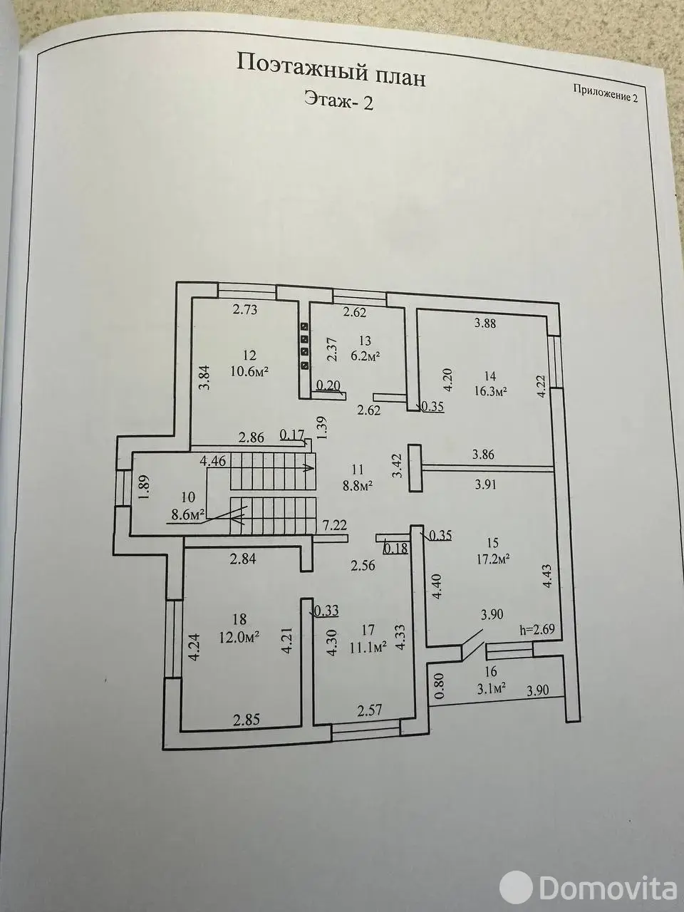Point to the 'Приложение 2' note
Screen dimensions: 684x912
(605, 93)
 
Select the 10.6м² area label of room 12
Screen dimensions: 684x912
(249, 371)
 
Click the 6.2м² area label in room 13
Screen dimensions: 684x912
(366, 356)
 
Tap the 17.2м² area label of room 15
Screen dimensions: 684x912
(492, 559)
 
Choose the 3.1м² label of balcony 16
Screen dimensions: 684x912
(491, 688)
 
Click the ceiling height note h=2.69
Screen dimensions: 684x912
(537, 628)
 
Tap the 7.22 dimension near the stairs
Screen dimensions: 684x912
(335, 525)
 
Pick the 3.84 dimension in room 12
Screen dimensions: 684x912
(207, 377)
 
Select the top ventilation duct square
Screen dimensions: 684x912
(304, 326)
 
